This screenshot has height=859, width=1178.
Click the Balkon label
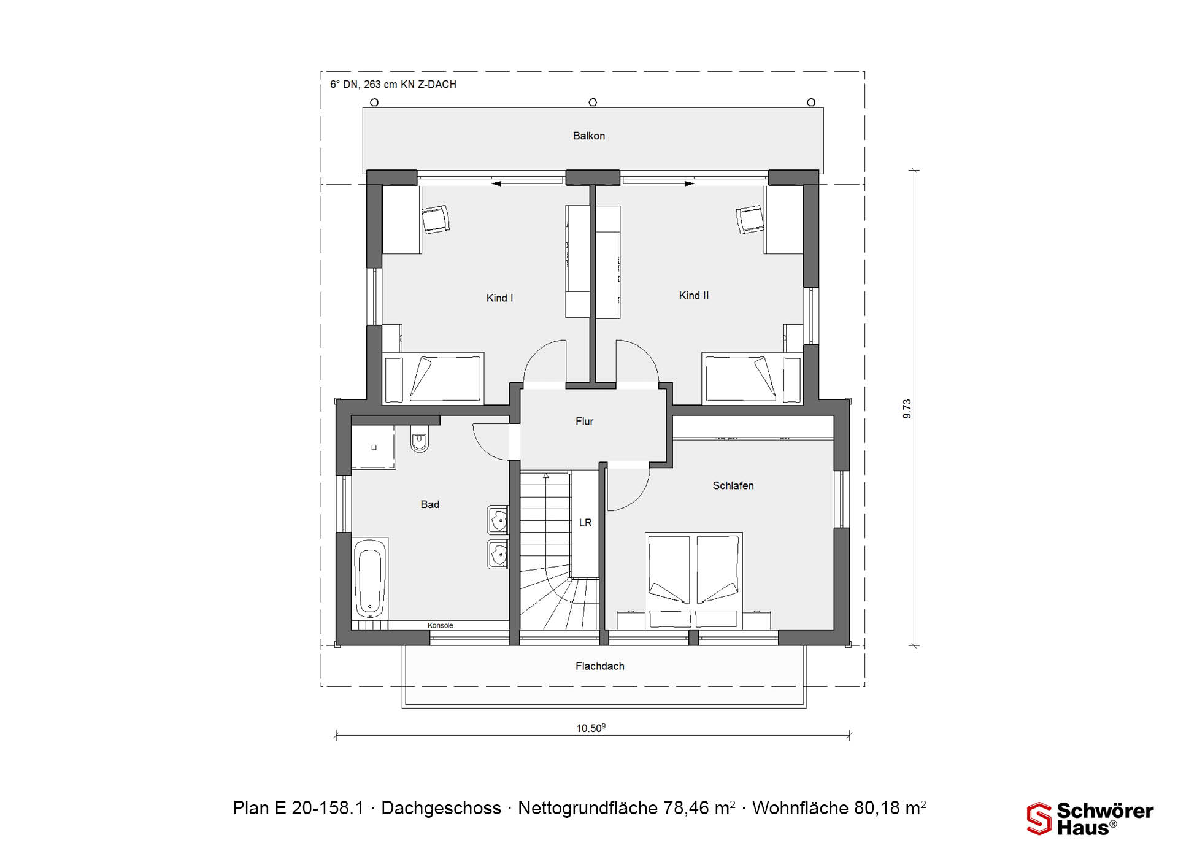coord(589,136)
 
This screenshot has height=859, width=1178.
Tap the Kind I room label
coord(499,298)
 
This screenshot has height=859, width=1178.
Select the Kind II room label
coord(694,295)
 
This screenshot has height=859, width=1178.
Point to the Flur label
coord(585,421)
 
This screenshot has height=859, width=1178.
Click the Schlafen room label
coord(733,485)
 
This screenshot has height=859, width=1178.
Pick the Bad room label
coord(430,504)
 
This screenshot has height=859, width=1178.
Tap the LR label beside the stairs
coord(585,523)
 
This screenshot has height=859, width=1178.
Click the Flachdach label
coord(600,666)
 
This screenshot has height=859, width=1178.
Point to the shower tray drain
coord(374,448)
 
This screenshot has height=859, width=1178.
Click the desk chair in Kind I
coord(436,219)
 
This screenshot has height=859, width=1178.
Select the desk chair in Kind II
coord(750,219)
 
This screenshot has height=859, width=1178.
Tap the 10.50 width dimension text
coord(591,728)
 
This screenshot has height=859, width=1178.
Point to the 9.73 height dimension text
coord(907,409)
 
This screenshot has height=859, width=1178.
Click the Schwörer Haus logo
coord(1090,819)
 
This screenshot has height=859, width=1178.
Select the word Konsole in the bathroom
coord(441,625)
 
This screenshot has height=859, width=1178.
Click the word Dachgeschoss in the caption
coord(441,808)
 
